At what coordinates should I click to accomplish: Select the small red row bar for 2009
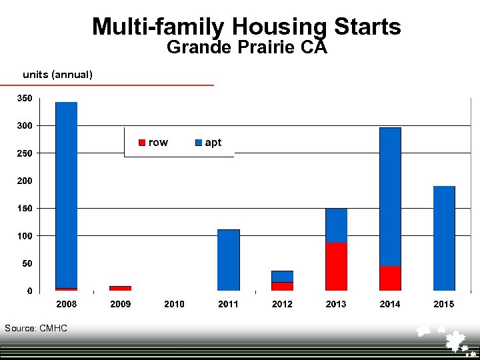120,288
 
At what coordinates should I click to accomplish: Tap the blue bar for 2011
228,260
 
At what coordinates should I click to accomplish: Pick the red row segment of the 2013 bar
336,267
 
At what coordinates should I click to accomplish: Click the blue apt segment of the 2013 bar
336,225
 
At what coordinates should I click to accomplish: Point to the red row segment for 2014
390,278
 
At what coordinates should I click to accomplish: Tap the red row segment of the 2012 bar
282,287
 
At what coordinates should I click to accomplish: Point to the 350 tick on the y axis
24,99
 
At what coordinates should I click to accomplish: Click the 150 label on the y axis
24,209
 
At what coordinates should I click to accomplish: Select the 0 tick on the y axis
29,291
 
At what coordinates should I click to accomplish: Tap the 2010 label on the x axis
174,305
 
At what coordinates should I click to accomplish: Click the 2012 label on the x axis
282,305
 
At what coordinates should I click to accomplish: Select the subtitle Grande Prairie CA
247,48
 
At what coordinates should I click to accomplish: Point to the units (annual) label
57,75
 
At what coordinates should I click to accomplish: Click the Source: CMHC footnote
35,328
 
